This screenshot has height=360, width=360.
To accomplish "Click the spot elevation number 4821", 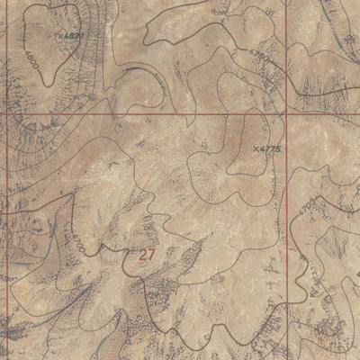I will pos(72,36).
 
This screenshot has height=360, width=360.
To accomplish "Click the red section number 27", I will pos(148,255).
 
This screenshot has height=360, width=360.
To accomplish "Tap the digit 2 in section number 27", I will pos(143,255).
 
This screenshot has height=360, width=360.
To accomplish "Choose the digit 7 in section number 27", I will pos(152,255).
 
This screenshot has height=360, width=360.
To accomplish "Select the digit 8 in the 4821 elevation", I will pos(69,36).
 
